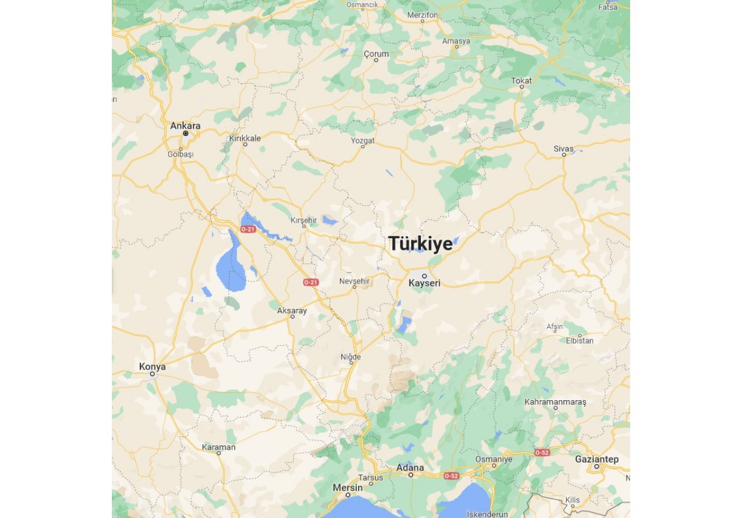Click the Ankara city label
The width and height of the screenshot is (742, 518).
click(x=185, y=126)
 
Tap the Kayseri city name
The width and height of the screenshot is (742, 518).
click(x=424, y=283)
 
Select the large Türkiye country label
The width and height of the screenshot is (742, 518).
click(x=420, y=244)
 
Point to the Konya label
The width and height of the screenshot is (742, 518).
click(x=152, y=366)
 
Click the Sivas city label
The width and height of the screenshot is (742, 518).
click(x=564, y=148)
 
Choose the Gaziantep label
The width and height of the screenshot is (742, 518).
click(x=596, y=459)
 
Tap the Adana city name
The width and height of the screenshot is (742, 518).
click(x=410, y=468)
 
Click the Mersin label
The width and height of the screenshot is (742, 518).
click(x=348, y=488)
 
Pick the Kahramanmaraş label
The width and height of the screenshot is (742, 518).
click(x=555, y=402)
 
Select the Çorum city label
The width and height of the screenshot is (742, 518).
click(x=376, y=54)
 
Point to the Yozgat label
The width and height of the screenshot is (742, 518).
click(x=363, y=140)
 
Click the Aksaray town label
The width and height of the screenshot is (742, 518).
click(x=292, y=311)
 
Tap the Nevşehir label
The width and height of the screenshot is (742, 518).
click(x=354, y=281)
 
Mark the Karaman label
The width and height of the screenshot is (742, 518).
click(x=218, y=447)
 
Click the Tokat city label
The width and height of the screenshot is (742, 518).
click(x=521, y=80)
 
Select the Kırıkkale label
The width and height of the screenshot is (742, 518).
click(x=245, y=138)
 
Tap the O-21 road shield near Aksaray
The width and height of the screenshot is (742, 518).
click(x=310, y=282)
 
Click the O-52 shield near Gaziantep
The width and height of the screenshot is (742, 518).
click(x=542, y=452)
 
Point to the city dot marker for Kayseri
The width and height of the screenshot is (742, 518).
click(x=424, y=276)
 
